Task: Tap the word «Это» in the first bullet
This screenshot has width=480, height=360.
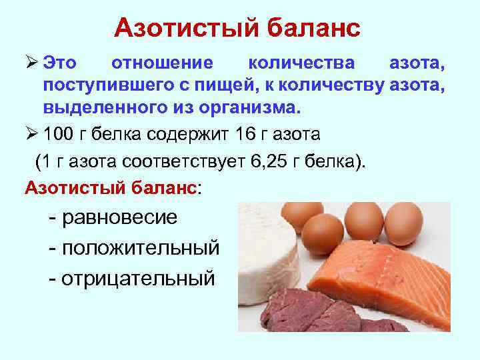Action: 60,63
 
